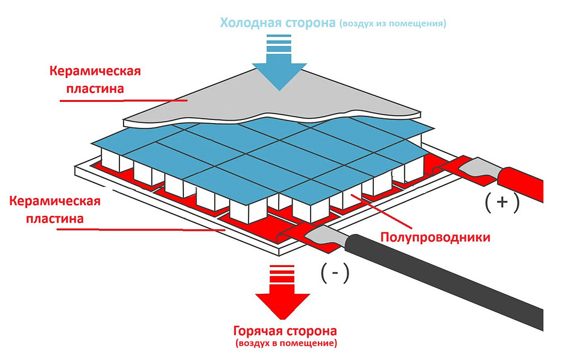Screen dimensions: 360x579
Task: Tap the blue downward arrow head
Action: pyautogui.click(x=279, y=72)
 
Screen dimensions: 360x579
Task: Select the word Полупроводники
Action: pyautogui.click(x=435, y=237)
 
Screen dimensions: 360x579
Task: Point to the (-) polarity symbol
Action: pyautogui.click(x=336, y=274)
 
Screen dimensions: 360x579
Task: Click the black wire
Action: pyautogui.click(x=458, y=277)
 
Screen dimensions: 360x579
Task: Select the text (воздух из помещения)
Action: pyautogui.click(x=392, y=24)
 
